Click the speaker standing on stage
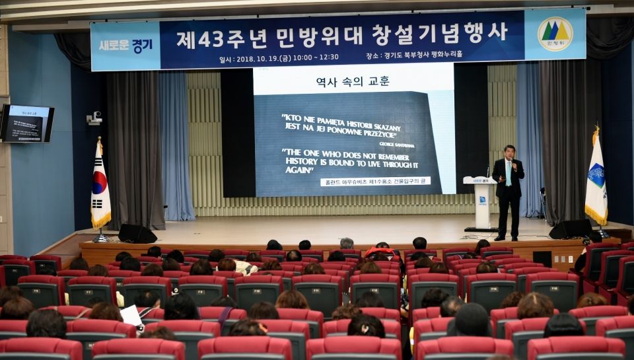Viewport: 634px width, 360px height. pyautogui.click(x=508, y=192)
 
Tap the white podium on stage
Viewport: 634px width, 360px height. pyautogui.click(x=481, y=201)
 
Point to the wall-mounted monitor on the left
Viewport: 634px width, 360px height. pyautogui.click(x=27, y=124)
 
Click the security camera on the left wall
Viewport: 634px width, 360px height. pyautogui.click(x=94, y=119)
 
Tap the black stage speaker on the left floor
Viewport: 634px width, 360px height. pyautogui.click(x=137, y=234)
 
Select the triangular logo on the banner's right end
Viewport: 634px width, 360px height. pyautogui.click(x=555, y=34)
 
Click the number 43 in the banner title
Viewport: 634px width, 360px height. pyautogui.click(x=211, y=39)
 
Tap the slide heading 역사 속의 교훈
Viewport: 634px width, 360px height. pyautogui.click(x=353, y=82)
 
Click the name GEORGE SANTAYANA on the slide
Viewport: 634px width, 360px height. pyautogui.click(x=397, y=144)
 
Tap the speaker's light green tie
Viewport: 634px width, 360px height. pyautogui.click(x=509, y=173)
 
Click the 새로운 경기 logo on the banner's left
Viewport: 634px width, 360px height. pyautogui.click(x=125, y=46)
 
